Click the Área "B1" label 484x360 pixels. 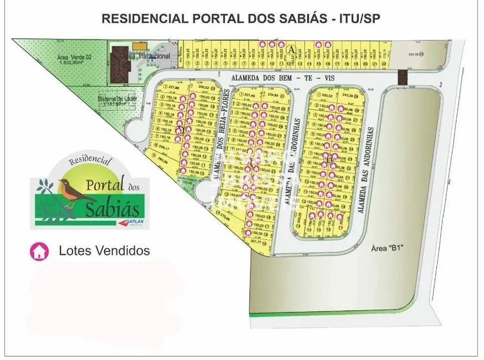(385, 248)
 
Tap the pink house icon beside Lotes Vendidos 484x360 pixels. (39, 251)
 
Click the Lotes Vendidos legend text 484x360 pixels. (104, 251)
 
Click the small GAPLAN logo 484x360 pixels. (132, 223)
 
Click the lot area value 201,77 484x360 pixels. (256, 241)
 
